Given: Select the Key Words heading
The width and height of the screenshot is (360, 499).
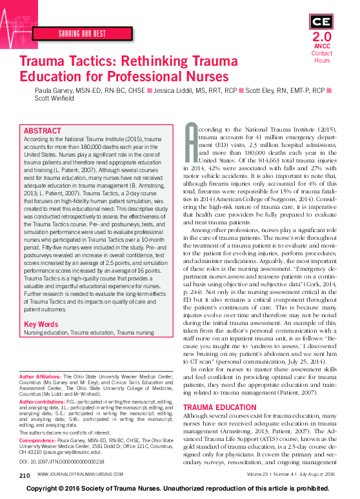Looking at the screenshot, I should [41, 324].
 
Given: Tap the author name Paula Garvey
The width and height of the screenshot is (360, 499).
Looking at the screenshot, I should [54, 92].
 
